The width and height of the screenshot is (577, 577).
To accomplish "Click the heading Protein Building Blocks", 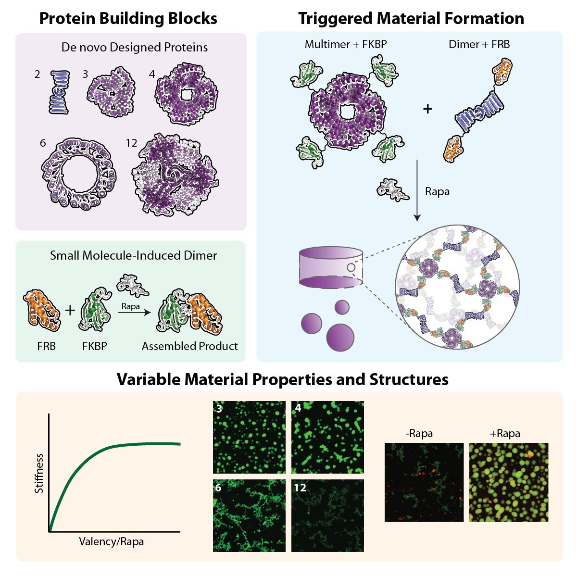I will point(128,18).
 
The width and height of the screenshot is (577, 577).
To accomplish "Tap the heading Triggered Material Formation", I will point(411,18).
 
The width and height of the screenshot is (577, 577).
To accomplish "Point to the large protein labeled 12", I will point(178,176).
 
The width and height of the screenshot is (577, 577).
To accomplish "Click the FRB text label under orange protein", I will point(46,346).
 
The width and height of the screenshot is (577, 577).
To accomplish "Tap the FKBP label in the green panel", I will point(94,346).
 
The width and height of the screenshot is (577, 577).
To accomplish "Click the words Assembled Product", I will point(189,346).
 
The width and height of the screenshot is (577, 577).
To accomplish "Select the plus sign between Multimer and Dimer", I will point(427,109).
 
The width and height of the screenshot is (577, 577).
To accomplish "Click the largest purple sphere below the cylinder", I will point(340,337).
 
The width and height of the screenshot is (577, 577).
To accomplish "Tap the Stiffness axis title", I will point(39,473).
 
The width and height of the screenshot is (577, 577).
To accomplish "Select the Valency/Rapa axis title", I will point(111,541).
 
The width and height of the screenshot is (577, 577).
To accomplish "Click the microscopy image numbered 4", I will point(327,438).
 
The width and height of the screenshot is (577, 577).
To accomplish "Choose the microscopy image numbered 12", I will point(327,515).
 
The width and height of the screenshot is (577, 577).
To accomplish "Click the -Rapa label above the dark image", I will point(419,433).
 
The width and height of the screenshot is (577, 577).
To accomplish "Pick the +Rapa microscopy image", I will point(509,482).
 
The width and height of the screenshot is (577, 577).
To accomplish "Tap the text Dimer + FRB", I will point(479,44).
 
